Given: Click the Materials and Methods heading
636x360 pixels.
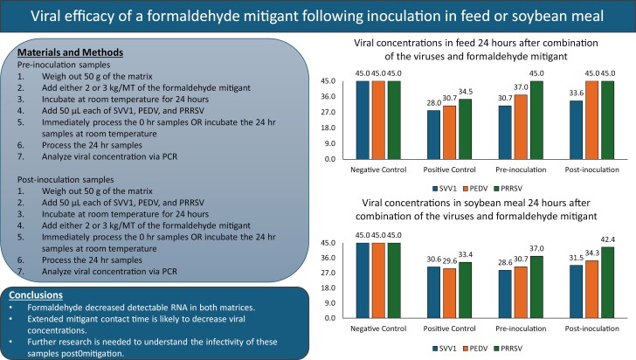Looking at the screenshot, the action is tap(70, 52).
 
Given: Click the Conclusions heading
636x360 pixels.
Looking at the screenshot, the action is tap(36, 295).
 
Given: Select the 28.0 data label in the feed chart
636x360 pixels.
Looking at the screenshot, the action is tap(433, 103).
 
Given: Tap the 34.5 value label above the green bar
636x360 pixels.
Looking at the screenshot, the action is tap(466, 92).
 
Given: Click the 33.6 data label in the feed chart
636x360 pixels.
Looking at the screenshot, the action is tap(577, 93).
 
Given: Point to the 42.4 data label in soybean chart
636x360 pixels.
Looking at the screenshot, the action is tap(608, 239).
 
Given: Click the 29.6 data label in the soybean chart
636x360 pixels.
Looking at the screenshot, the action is tap(449, 261).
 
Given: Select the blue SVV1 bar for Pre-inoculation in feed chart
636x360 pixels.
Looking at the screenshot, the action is tap(505, 132).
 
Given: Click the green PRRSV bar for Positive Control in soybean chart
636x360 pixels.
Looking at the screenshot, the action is tap(466, 290).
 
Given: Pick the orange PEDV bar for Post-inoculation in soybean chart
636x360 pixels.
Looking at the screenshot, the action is tap(591, 289).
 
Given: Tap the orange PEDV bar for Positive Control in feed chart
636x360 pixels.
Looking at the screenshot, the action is tap(449, 132).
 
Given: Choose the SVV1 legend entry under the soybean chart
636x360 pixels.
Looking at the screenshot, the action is tap(444, 349).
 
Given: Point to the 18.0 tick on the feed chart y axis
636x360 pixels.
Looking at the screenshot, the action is tap(329, 128).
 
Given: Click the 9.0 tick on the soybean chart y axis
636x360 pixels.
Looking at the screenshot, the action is tap(329, 303).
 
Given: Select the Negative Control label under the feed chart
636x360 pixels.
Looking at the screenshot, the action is tap(378, 170).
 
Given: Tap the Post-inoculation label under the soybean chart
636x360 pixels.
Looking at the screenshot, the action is tap(591, 329).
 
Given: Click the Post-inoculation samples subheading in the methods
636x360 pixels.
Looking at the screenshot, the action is tap(66, 179).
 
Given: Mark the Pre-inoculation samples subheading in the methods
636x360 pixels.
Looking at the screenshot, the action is tap(64, 65).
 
